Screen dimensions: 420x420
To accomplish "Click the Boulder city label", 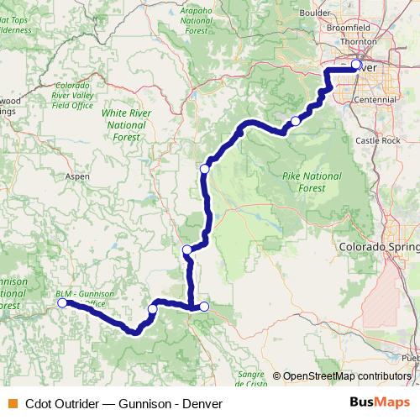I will click(339, 13).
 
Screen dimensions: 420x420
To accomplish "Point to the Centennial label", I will click(375, 99).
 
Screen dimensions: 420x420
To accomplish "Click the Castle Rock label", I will click(378, 140).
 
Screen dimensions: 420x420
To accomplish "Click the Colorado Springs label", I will click(378, 248).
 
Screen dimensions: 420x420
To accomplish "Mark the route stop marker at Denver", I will click(356, 65).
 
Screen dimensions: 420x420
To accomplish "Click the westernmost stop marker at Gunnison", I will click(62, 303).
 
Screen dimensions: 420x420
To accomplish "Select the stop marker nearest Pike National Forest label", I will click(295, 122).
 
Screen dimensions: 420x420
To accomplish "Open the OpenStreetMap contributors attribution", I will click(347, 375).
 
